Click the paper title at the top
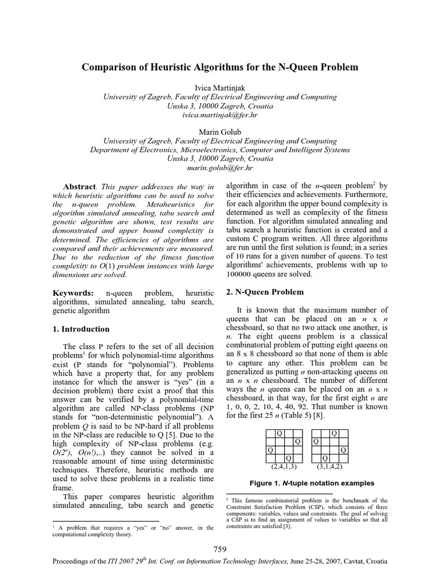pos(220,68)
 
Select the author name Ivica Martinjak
pos(220,88)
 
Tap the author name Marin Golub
pos(220,132)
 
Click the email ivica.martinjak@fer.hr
pos(220,115)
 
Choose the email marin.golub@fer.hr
pos(220,168)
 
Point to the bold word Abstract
pos(79,187)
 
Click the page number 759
pos(220,549)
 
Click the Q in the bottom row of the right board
pos(325,459)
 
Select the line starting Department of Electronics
pos(220,150)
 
